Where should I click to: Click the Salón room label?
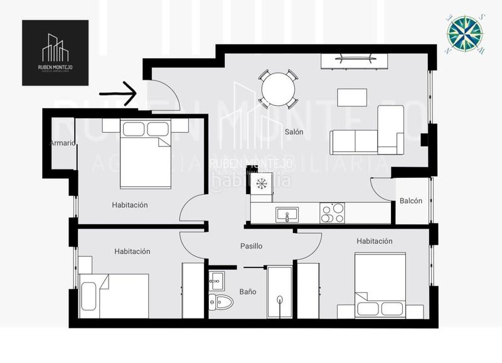click(294, 132)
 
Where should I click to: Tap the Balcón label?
click(411, 201)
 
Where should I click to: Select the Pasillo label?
click(251, 246)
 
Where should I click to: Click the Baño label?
click(248, 291)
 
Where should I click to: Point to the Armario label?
click(63, 143)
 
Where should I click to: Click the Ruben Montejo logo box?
click(55, 53)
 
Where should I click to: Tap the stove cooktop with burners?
click(332, 214)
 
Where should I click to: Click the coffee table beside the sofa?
click(351, 98)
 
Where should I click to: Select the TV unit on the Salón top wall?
click(355, 61)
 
